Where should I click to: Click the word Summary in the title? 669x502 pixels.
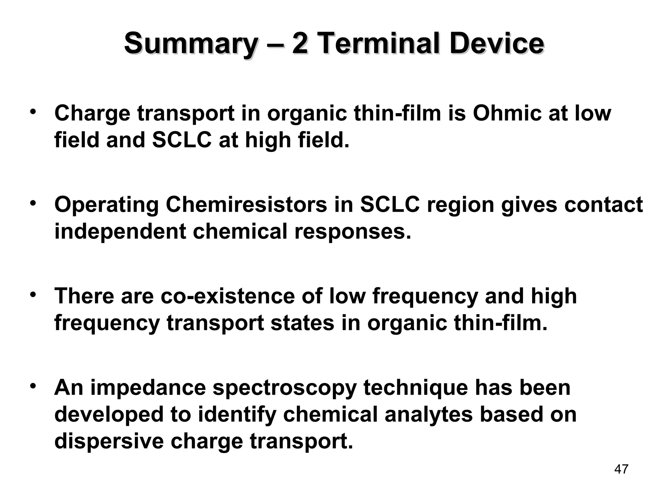click(190, 44)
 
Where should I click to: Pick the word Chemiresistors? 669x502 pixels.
click(247, 205)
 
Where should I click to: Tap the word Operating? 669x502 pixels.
click(106, 205)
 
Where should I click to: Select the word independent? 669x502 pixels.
click(120, 231)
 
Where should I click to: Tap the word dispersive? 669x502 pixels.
click(108, 441)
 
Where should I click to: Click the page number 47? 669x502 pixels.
click(621, 469)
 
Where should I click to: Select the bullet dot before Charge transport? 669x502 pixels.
click(32, 112)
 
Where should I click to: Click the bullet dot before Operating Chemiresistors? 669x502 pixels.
click(32, 203)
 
